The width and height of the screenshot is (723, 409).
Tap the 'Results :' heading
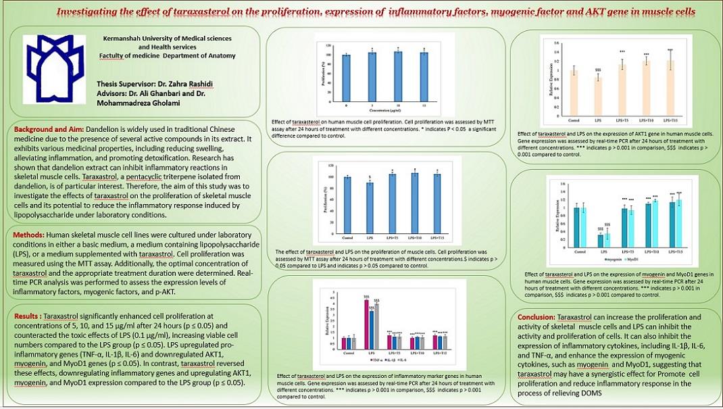[30, 316]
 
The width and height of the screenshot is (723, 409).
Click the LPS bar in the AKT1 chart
[598, 88]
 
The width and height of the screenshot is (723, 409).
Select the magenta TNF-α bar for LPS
[366, 324]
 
